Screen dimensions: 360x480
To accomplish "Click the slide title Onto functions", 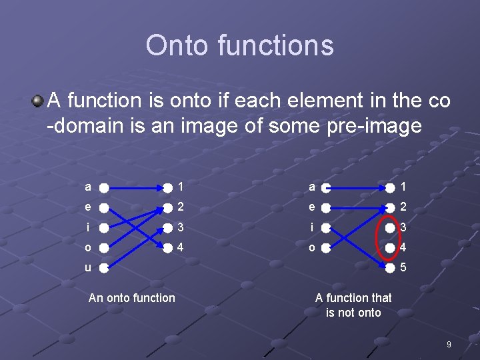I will [239, 45].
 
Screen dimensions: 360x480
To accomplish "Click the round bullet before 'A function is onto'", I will [39, 101].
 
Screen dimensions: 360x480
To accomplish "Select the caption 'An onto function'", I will [131, 298].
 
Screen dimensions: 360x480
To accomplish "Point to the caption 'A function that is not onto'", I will [353, 305].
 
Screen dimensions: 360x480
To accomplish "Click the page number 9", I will [449, 345].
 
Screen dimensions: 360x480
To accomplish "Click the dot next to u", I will [105, 269].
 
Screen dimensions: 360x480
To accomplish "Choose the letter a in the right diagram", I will [311, 187].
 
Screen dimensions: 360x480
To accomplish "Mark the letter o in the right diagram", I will [311, 247].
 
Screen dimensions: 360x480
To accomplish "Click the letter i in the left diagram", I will [88, 227].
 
